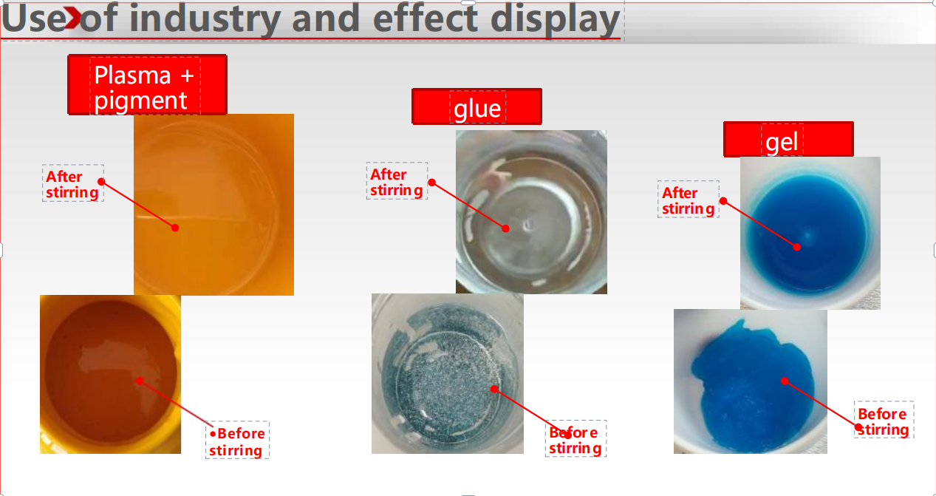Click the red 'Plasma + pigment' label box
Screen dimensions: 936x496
[x=148, y=84]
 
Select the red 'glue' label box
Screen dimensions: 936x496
[x=476, y=106]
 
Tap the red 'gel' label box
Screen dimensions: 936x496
[x=788, y=139]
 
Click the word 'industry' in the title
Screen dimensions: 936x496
[x=205, y=18]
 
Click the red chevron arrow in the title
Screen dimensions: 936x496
[x=72, y=18]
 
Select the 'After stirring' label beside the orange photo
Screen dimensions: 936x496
[x=72, y=184]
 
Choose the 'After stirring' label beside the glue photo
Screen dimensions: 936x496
[x=397, y=182]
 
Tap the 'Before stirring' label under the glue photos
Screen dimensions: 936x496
[x=575, y=440]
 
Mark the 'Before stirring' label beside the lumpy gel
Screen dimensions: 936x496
[x=884, y=421]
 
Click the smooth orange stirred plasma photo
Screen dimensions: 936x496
[x=214, y=205]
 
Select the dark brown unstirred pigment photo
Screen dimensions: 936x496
[x=110, y=374]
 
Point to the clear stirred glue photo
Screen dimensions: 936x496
[x=531, y=211]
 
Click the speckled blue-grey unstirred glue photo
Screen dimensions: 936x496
[x=448, y=373]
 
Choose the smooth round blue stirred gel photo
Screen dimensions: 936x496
[x=810, y=233]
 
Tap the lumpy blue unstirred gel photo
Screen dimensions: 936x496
[x=751, y=381]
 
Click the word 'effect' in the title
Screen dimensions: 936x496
[x=425, y=18]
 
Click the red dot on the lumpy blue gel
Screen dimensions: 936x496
[x=785, y=381]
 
